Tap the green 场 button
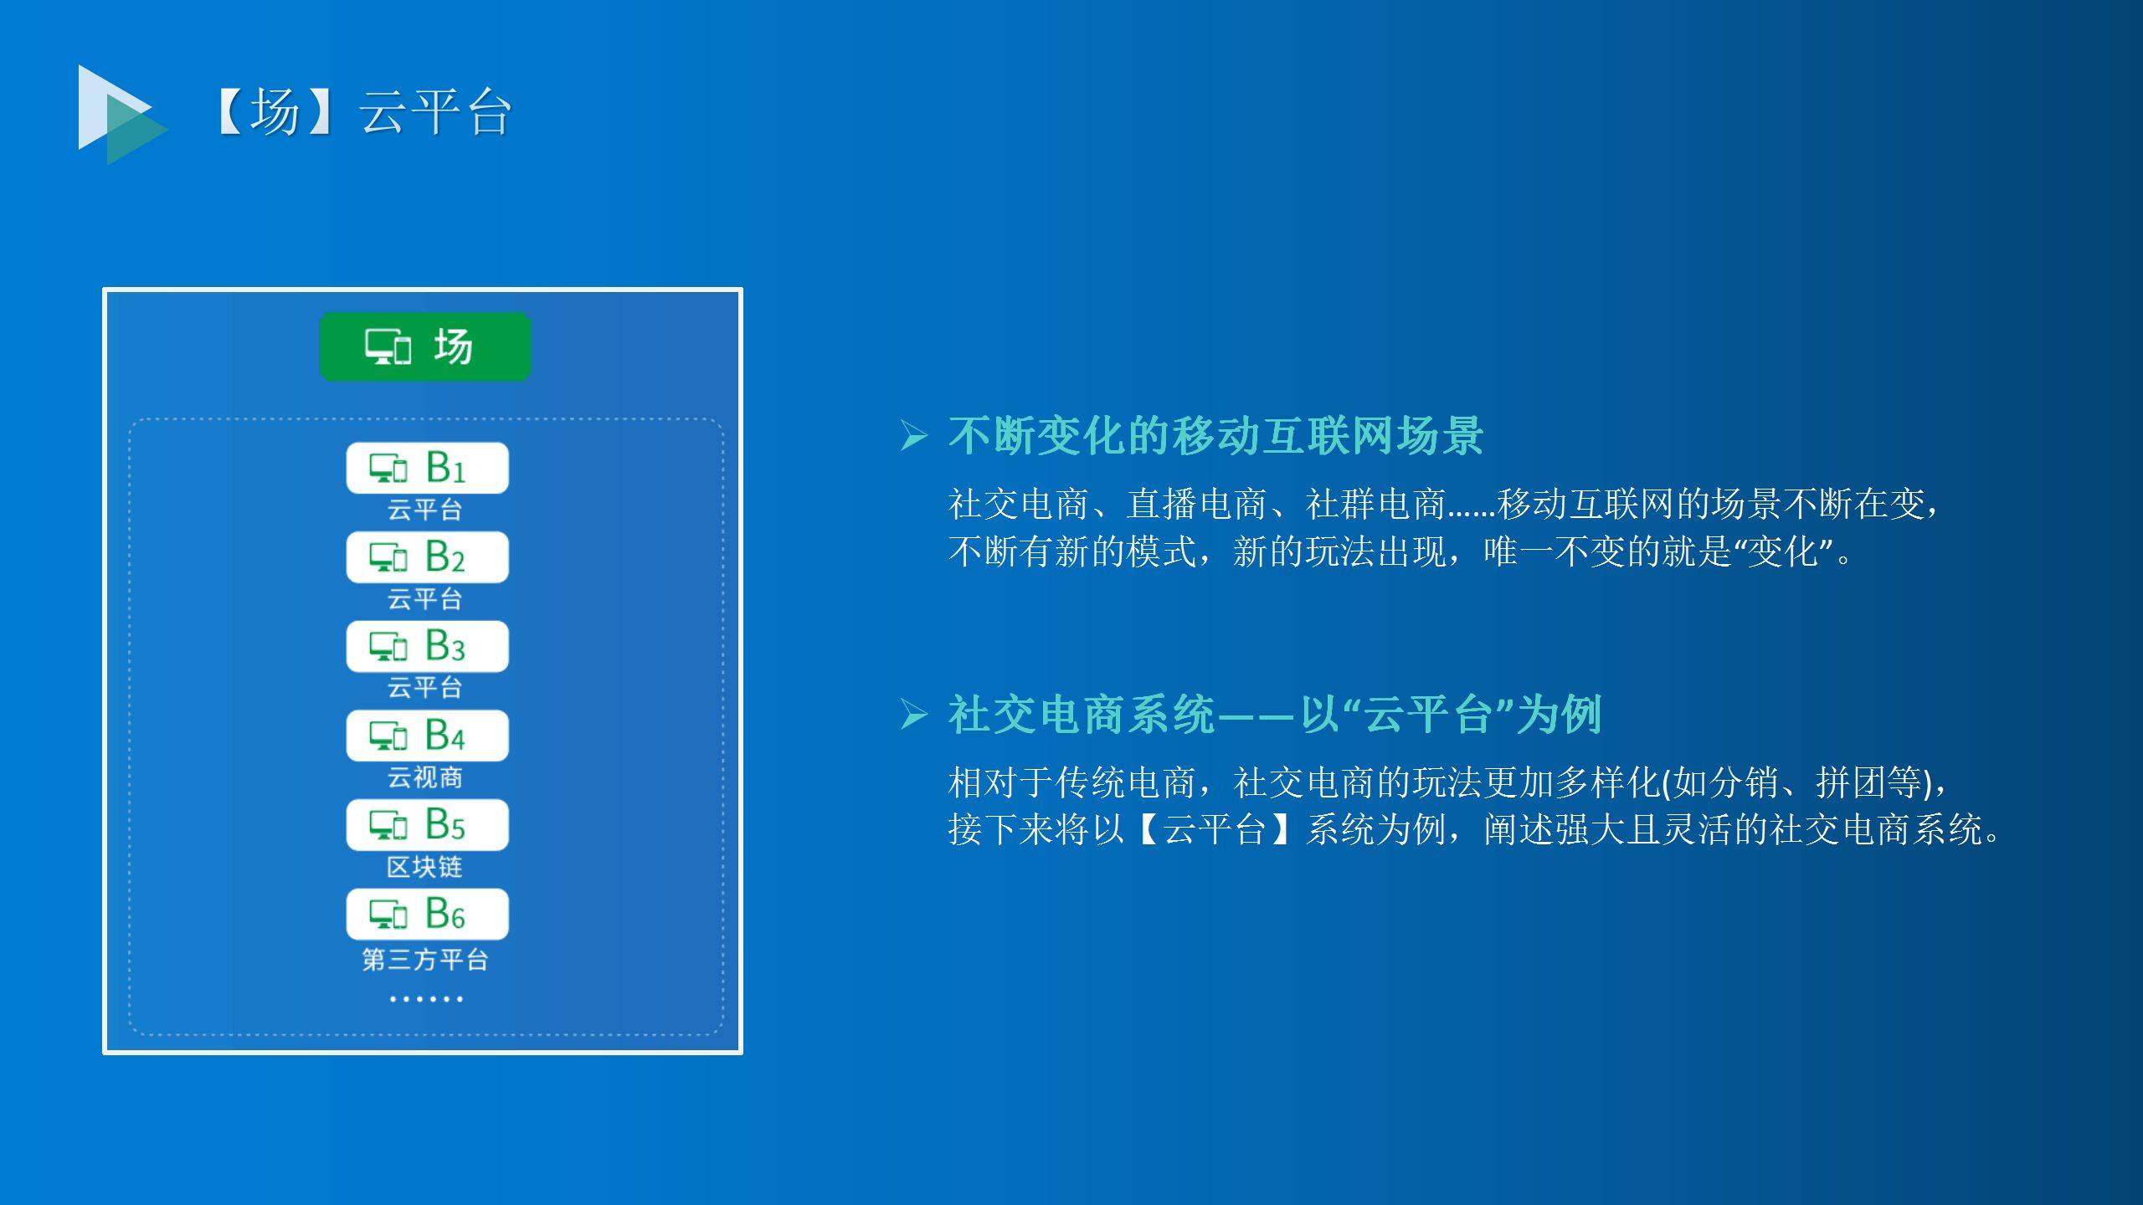click(x=425, y=346)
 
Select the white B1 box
click(x=427, y=468)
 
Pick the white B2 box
click(x=427, y=557)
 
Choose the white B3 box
click(x=427, y=646)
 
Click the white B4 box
click(x=427, y=736)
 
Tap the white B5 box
click(x=427, y=825)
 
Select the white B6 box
click(x=427, y=914)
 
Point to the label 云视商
click(x=425, y=777)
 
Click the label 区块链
click(x=425, y=867)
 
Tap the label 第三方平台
click(x=425, y=959)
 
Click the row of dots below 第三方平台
click(x=425, y=998)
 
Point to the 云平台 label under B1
click(x=425, y=509)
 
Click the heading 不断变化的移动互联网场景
click(x=1216, y=436)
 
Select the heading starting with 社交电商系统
click(x=1275, y=715)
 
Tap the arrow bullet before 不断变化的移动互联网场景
click(x=914, y=436)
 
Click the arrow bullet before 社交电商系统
click(x=914, y=715)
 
